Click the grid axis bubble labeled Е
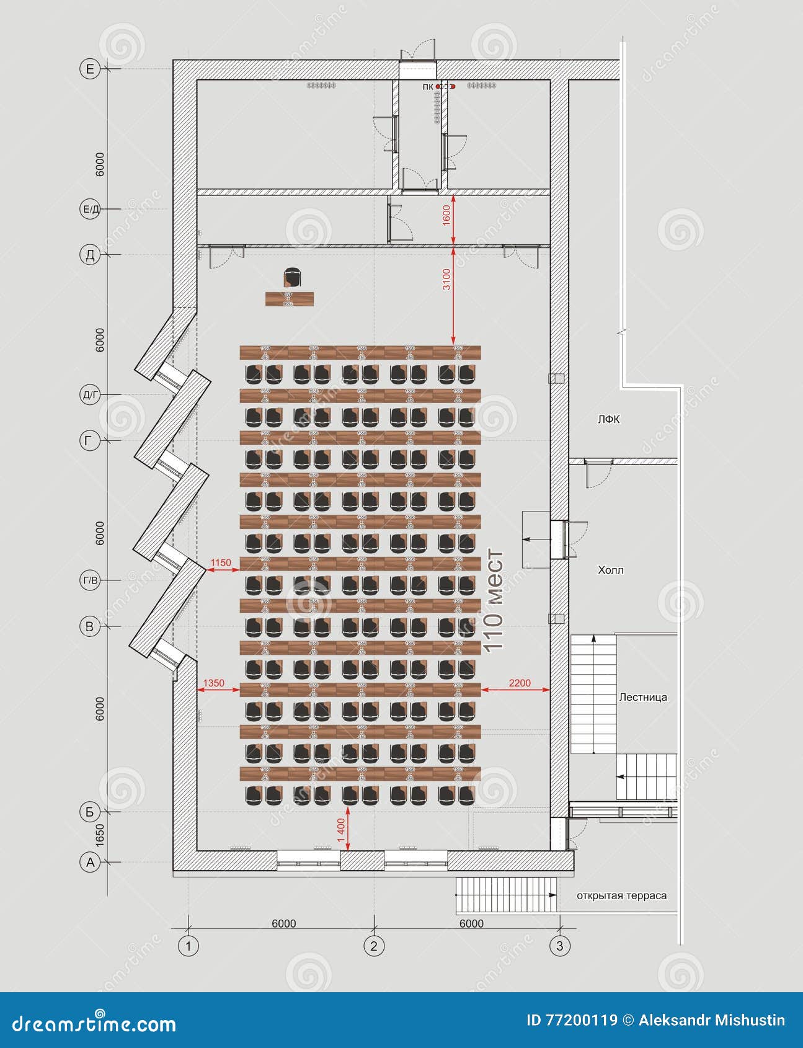pyautogui.click(x=90, y=69)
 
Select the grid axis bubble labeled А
pyautogui.click(x=90, y=862)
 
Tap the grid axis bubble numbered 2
pyautogui.click(x=373, y=946)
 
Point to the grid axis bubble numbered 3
pyautogui.click(x=560, y=946)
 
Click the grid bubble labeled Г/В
pyautogui.click(x=90, y=580)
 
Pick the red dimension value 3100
pyautogui.click(x=446, y=280)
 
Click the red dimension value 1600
pyautogui.click(x=446, y=215)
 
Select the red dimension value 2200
pyautogui.click(x=520, y=683)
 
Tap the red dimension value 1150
pyautogui.click(x=221, y=562)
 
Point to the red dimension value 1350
pyautogui.click(x=214, y=683)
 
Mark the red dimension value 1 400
pyautogui.click(x=340, y=830)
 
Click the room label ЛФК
pyautogui.click(x=608, y=420)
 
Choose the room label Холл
pyautogui.click(x=611, y=570)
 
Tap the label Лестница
pyautogui.click(x=643, y=697)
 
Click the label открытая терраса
pyautogui.click(x=621, y=895)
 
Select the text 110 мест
pyautogui.click(x=494, y=600)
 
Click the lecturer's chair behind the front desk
pyautogui.click(x=292, y=277)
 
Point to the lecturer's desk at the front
pyautogui.click(x=289, y=299)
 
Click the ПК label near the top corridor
pyautogui.click(x=427, y=87)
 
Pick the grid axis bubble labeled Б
pyautogui.click(x=90, y=811)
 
